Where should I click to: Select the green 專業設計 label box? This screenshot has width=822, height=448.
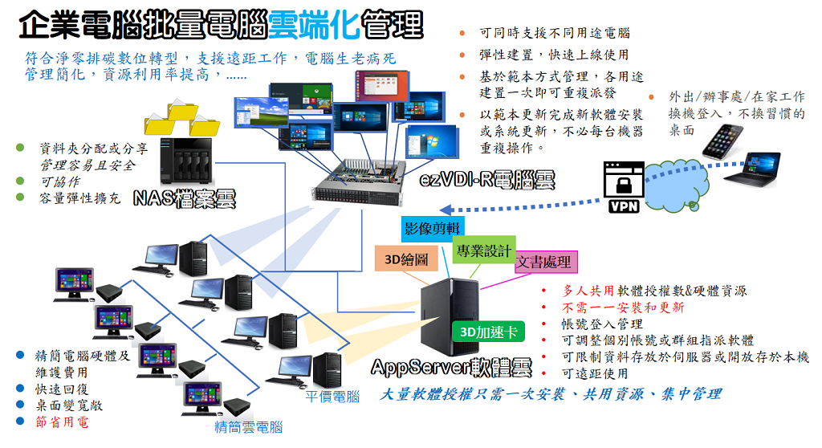[x=482, y=250]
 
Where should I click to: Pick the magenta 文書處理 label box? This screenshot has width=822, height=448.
[x=546, y=262]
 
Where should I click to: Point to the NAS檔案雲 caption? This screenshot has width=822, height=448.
[x=185, y=198]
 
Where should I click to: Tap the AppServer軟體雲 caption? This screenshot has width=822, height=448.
[x=451, y=368]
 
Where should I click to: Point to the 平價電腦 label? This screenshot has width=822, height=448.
[x=332, y=396]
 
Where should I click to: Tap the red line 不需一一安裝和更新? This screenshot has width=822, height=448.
[x=623, y=307]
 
